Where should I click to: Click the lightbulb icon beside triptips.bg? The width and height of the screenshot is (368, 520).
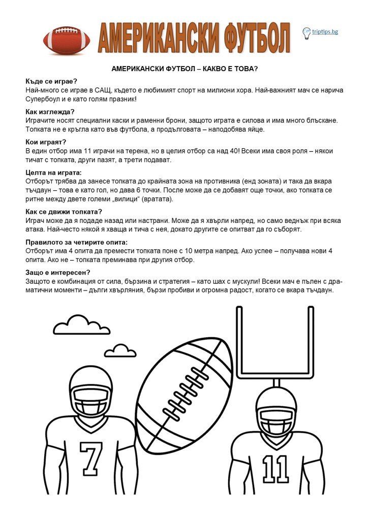coord(306,33)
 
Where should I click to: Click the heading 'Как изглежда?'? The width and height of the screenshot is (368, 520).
coord(50,111)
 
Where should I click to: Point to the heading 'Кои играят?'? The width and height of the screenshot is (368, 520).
coord(46,142)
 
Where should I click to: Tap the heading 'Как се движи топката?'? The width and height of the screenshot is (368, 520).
coord(64,211)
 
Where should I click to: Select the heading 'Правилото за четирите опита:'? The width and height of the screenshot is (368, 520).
coord(76,242)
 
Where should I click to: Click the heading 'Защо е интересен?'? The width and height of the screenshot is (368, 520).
coord(57,272)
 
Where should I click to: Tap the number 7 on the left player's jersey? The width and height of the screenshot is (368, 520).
coord(91,459)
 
